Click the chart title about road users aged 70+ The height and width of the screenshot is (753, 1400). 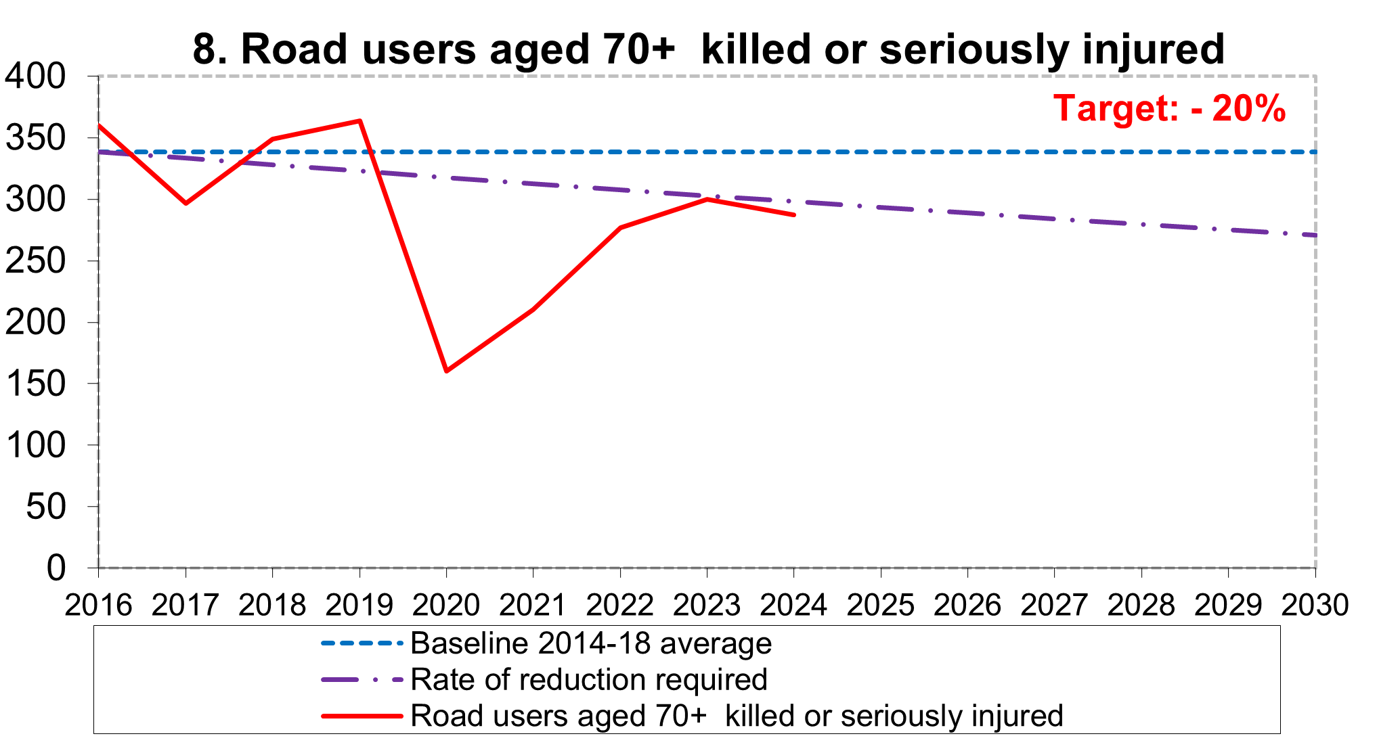(708, 49)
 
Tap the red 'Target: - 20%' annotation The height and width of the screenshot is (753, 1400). (1169, 108)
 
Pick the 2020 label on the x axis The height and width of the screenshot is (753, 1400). (446, 604)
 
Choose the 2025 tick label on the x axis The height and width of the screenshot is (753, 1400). (880, 604)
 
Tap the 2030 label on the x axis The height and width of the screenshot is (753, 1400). (1315, 604)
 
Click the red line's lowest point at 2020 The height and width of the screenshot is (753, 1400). (447, 371)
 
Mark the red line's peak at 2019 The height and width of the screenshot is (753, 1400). (360, 121)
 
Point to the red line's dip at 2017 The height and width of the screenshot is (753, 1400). (185, 203)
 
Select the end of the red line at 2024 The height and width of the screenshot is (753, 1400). (793, 214)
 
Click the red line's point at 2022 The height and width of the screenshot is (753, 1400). (620, 227)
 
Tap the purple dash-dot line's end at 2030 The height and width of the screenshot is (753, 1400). (1314, 235)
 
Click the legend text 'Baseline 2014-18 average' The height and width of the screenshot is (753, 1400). (590, 643)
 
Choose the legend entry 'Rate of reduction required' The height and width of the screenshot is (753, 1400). (588, 679)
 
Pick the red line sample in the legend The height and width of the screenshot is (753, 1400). (362, 716)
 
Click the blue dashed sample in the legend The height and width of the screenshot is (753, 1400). (362, 643)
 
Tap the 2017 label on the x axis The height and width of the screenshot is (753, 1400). (185, 604)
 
